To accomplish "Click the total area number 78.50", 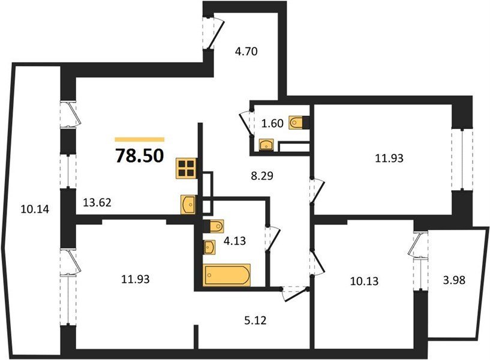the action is click(140, 155).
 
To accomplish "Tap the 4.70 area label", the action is click(246, 51).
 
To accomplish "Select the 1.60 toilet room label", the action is click(272, 124).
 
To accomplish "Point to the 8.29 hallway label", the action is click(262, 176).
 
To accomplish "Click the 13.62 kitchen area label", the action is click(97, 203).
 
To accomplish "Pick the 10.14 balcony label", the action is click(35, 209).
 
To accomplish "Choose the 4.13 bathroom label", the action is click(235, 241).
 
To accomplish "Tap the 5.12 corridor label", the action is click(255, 320).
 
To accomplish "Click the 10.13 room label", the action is click(364, 281).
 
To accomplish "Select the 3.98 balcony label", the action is click(454, 280).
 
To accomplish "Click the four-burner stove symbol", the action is click(187, 169).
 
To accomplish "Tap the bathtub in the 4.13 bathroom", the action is click(227, 275).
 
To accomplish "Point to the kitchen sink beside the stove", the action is click(188, 205).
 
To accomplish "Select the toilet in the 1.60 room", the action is click(297, 122).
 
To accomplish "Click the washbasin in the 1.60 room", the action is click(266, 145).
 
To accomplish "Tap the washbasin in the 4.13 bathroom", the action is click(209, 247).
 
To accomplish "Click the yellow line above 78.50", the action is click(140, 140).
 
